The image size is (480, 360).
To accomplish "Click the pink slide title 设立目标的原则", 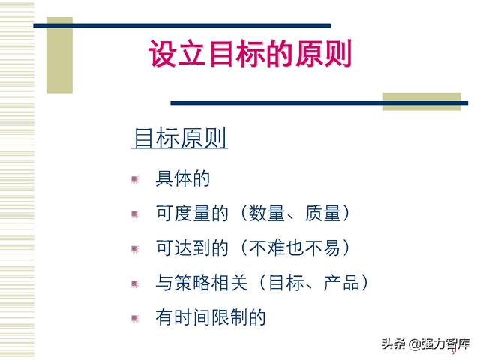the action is point(250,54).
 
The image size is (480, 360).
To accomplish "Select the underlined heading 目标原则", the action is point(180,138).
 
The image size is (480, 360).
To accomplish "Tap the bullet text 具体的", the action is point(183,178).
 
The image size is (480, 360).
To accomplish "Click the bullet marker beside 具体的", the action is point(135,179).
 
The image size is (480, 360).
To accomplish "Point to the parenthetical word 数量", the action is point(267,213).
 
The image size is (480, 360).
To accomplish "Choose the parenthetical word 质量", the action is point(323,213).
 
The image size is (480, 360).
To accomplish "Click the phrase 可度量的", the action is point(192,213).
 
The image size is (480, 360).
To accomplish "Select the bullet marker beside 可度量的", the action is point(135,214).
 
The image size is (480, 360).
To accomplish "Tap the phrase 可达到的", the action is point(192,247).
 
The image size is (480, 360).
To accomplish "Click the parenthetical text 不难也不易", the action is point(295,247).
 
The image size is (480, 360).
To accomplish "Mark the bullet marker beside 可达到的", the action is point(135,249).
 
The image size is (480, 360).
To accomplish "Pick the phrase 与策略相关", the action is point(202,282).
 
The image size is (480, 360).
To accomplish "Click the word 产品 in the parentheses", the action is point(342,282).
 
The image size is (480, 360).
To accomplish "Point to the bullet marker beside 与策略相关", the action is point(135,283).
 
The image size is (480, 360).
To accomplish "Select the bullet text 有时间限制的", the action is point(211,317).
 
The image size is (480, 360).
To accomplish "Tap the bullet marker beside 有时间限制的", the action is point(135,319).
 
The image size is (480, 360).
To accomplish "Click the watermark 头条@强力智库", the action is point(426,343).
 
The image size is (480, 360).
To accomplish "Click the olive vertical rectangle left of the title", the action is point(59,55).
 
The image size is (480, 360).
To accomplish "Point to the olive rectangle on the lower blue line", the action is point(421,102).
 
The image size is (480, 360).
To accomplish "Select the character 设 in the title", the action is point(162,54).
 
